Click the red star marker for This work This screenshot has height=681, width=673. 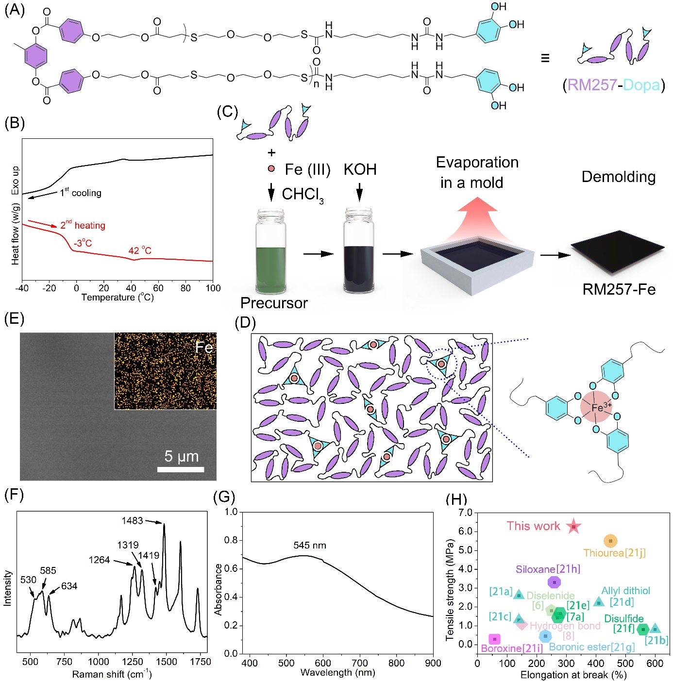point(573,526)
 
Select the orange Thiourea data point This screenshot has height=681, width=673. point(610,541)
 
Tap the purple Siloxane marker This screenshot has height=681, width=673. point(554,582)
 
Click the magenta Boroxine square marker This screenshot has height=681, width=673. point(494,639)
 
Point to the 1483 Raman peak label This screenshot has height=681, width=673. point(132,521)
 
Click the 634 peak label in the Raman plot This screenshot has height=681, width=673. point(69,586)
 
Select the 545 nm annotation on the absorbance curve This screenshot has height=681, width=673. point(310,545)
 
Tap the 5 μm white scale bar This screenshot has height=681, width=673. point(181,469)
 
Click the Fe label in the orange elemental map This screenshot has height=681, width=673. point(204,348)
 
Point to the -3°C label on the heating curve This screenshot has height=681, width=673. point(83,243)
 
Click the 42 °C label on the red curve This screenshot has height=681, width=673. point(140,250)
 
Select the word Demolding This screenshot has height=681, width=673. point(619,177)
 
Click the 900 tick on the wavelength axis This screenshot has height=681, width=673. point(433,663)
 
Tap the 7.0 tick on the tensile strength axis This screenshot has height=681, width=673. point(465,513)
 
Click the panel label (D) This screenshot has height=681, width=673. point(245,323)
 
